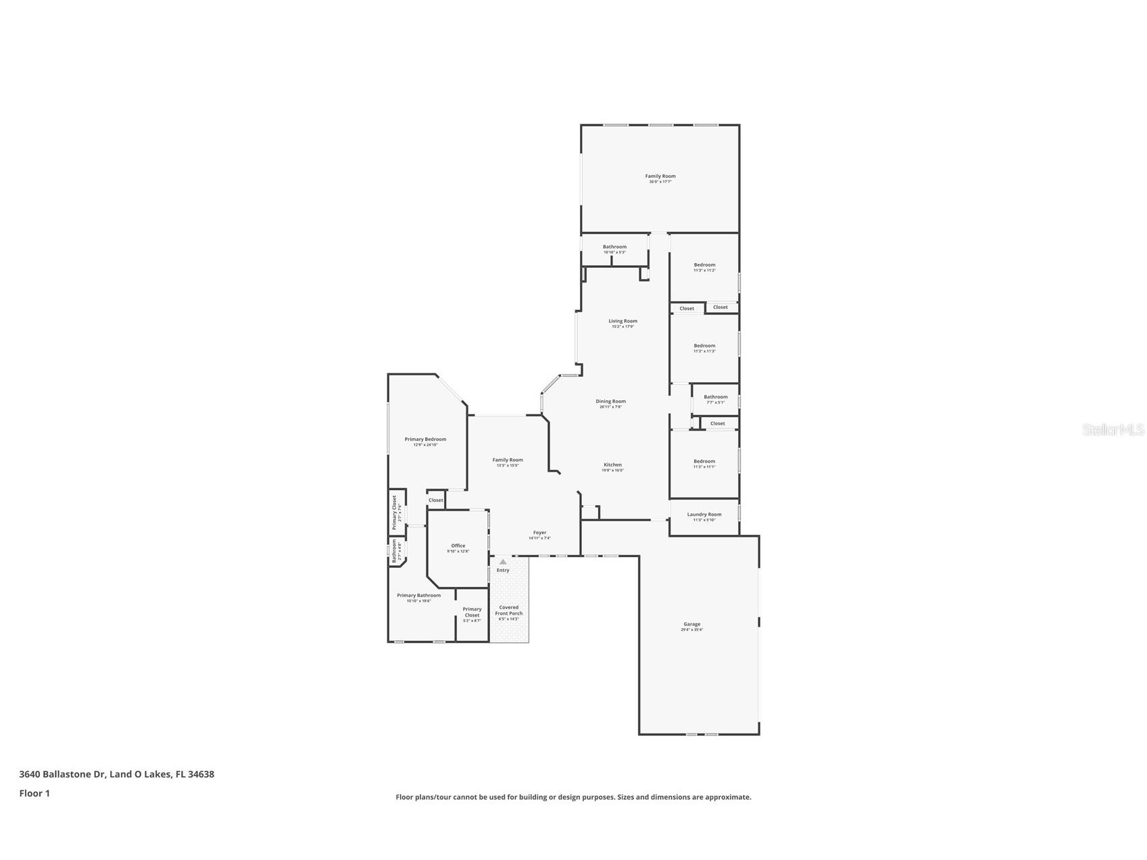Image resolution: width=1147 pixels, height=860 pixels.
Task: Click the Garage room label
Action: (691, 624)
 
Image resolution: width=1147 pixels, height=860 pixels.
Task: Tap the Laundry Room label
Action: (704, 515)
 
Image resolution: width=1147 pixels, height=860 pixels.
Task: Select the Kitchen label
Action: (612, 464)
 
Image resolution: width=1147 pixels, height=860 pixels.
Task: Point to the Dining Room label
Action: (610, 401)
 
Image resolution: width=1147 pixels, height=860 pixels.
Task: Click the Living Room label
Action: (623, 321)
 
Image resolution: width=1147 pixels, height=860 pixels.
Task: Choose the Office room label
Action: (458, 546)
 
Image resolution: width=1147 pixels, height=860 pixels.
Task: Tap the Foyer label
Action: (539, 532)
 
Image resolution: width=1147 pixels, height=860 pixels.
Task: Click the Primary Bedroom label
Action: (425, 439)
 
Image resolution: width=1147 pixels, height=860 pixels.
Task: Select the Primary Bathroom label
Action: (418, 596)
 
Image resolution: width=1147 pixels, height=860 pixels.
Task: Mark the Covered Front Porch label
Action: (508, 610)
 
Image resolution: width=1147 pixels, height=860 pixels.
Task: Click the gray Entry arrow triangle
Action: (503, 562)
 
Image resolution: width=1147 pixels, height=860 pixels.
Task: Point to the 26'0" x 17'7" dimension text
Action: (660, 182)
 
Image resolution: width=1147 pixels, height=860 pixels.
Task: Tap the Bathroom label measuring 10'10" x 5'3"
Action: (614, 247)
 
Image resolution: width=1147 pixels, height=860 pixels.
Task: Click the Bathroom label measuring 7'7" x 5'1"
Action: (715, 397)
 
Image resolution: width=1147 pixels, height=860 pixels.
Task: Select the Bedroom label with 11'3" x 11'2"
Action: (704, 265)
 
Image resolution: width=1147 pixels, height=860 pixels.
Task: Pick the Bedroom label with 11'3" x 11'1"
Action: (704, 461)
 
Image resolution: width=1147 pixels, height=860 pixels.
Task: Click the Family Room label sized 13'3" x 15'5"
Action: (508, 460)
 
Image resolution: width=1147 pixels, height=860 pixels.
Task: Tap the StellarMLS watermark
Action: (1113, 429)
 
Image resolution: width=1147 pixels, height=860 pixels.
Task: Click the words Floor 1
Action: (34, 793)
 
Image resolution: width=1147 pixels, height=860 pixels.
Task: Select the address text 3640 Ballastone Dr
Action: (62, 774)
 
